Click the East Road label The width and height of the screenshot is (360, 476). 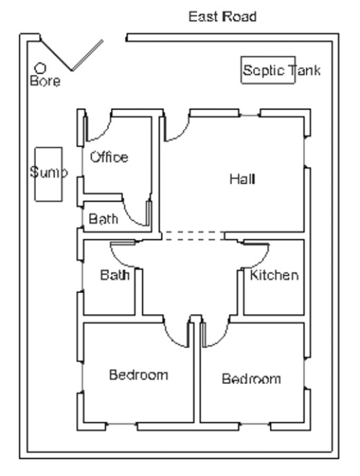tap(222, 16)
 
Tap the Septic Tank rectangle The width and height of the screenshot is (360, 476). tap(268, 71)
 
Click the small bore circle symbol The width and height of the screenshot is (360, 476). tap(40, 68)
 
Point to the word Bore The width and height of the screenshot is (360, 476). tap(45, 81)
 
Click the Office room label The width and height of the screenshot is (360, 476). tap(109, 157)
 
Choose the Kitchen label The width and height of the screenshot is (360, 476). tap(274, 275)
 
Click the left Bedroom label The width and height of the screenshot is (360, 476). tap(138, 374)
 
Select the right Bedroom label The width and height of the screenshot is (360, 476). tap(251, 379)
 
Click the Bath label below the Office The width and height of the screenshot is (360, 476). tap(104, 219)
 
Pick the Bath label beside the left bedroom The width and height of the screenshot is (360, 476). tap(115, 275)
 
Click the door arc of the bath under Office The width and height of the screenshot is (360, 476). tap(135, 213)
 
